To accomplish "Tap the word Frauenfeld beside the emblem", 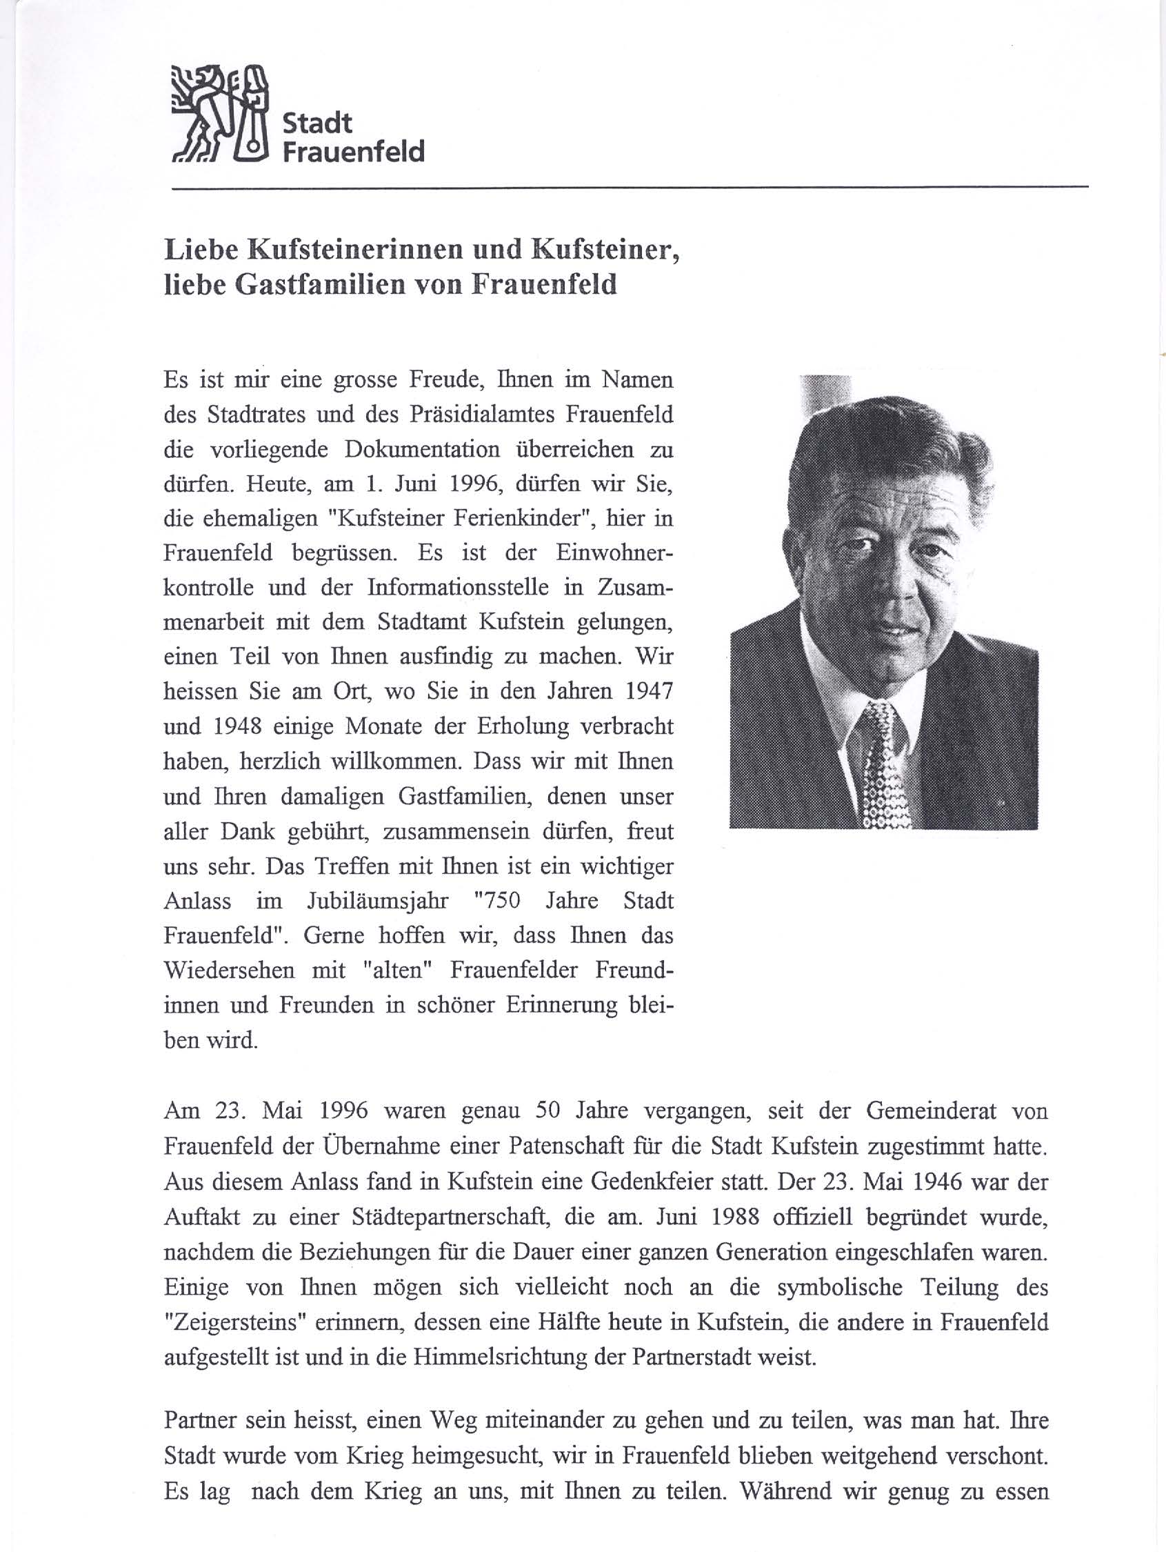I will (x=353, y=152).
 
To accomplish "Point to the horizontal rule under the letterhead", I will (x=629, y=188).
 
